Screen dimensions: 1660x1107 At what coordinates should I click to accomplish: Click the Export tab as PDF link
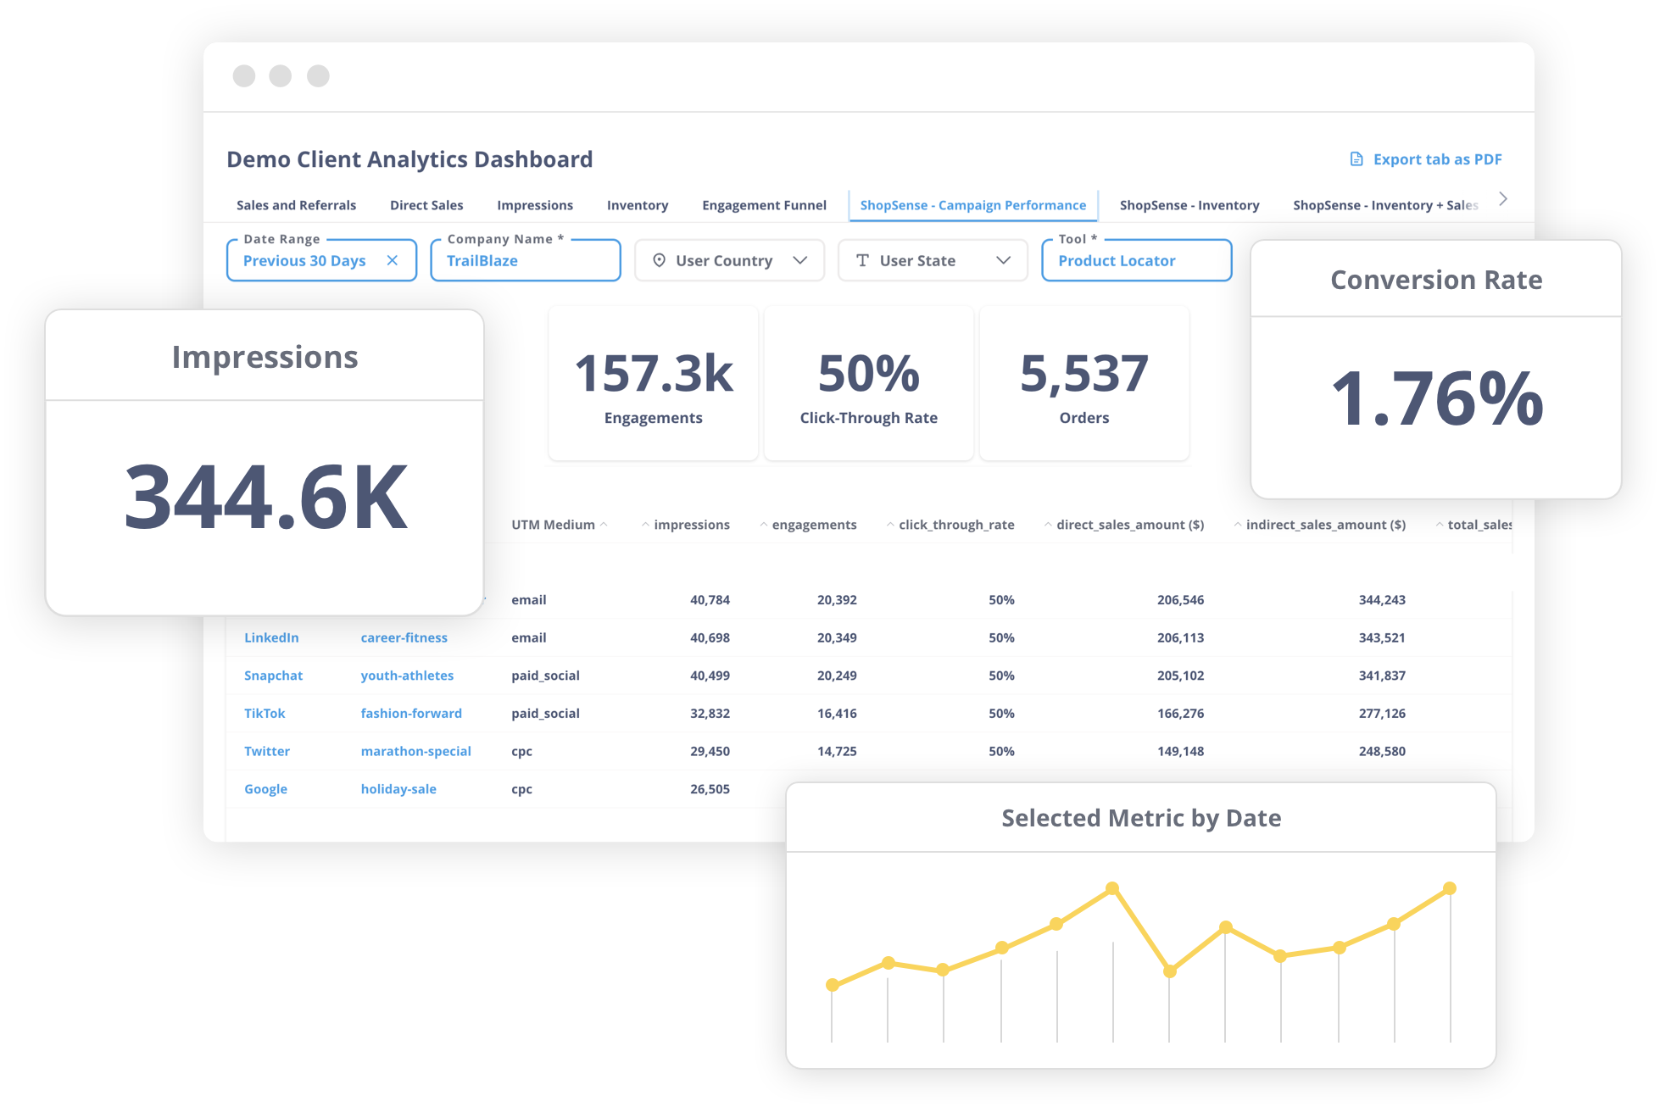(x=1425, y=159)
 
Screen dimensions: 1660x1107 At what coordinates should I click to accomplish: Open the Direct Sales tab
(x=426, y=205)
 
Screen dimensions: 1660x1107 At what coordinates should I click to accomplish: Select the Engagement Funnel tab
(x=764, y=205)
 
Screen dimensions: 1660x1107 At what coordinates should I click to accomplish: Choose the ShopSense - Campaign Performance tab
(x=972, y=205)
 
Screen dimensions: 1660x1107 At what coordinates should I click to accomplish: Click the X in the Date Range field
(x=393, y=260)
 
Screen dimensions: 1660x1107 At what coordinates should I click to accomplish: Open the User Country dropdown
(x=729, y=260)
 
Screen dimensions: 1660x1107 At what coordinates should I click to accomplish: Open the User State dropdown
(x=933, y=260)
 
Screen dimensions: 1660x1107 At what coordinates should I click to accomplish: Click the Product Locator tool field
(x=1136, y=260)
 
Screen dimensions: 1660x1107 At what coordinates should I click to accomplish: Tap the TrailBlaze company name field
(x=526, y=260)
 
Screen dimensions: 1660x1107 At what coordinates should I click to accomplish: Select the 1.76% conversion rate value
(x=1437, y=398)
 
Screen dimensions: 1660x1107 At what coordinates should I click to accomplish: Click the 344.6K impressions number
(x=265, y=497)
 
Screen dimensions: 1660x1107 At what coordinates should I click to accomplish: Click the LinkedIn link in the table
(x=271, y=637)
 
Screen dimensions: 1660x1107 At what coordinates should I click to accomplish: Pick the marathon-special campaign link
(x=415, y=751)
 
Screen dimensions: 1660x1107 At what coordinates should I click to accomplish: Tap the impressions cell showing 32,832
(x=710, y=714)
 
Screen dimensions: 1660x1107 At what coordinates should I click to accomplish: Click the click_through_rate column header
(x=956, y=525)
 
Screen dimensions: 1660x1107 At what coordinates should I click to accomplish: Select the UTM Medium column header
(x=553, y=525)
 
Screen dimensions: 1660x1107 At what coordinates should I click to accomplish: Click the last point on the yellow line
(x=1450, y=888)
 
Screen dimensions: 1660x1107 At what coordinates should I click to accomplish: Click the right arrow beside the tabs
(x=1503, y=199)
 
